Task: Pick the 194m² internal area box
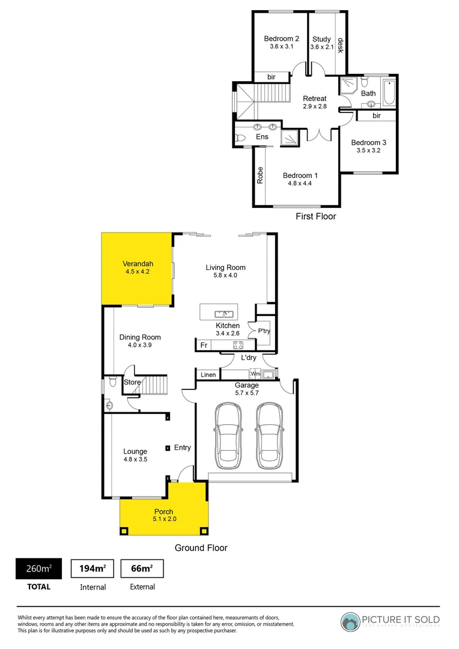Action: coord(93,568)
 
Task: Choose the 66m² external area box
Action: coord(142,568)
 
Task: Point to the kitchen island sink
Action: coord(225,313)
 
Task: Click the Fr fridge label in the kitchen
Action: coord(204,346)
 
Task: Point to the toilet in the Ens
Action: coord(241,138)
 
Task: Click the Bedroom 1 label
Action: coord(300,176)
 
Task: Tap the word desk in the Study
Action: coord(341,46)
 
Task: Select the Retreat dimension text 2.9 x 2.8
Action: coord(314,106)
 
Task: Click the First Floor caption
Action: coord(315,216)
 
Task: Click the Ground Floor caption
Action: coord(201,547)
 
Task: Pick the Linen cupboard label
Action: coord(208,375)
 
